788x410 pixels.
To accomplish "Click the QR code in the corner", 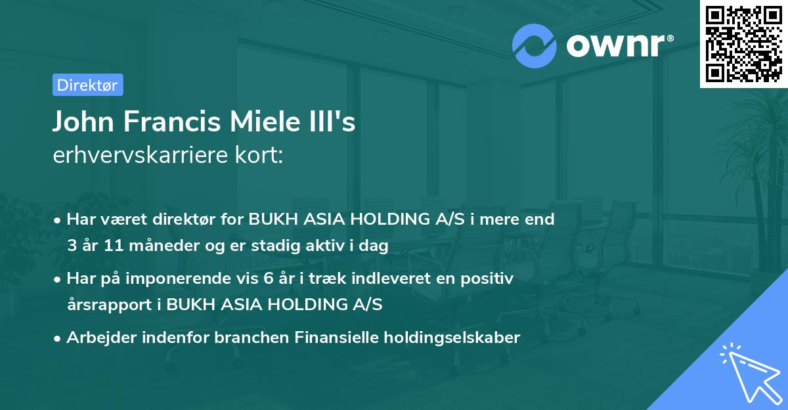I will [744, 43].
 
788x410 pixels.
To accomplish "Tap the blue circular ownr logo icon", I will [535, 45].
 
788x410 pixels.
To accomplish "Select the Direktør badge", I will [87, 85].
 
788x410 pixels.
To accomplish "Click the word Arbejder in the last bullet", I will [96, 338].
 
